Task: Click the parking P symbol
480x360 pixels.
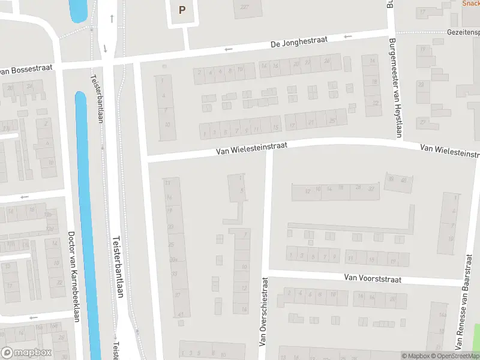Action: point(182,10)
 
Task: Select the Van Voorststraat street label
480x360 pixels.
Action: point(372,278)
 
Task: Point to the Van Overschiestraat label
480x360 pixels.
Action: point(262,311)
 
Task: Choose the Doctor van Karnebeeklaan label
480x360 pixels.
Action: point(74,276)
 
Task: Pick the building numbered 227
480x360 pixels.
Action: point(244,7)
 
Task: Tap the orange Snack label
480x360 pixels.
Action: point(470,3)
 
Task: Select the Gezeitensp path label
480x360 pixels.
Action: point(463,31)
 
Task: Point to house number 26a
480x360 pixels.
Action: point(174,259)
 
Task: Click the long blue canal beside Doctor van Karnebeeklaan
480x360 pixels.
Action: point(87,228)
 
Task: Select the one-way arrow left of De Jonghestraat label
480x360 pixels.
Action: point(229,49)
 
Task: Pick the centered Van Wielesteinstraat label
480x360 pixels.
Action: point(252,149)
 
